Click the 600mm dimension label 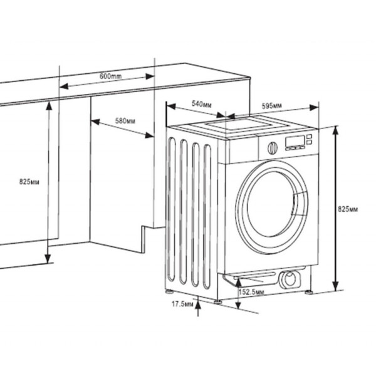pos(110,76)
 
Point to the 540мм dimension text pos(200,103)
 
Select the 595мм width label pos(271,105)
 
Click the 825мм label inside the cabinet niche pos(29,182)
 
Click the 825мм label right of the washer pos(348,208)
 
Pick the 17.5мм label pos(181,304)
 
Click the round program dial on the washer pos(272,148)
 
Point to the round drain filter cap pos(290,279)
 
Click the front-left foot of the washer pos(218,300)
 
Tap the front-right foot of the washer pos(308,290)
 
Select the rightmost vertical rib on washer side pos(207,219)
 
